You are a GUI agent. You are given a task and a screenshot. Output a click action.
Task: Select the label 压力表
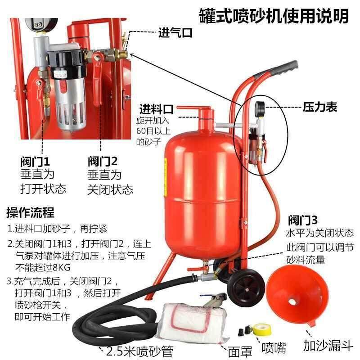[320, 108]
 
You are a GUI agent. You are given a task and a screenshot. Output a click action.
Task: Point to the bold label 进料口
[156, 109]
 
